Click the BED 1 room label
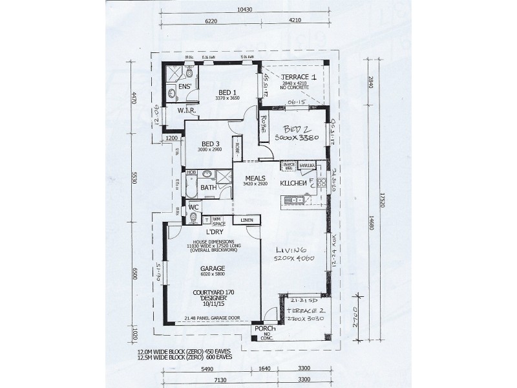pos(226,92)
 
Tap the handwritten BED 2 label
pos(297,129)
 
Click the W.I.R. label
pos(187,111)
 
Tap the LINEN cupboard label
pos(247,221)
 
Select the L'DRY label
pos(215,232)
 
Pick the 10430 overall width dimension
pos(244,8)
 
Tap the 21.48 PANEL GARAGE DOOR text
pos(212,318)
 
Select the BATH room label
pos(208,188)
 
